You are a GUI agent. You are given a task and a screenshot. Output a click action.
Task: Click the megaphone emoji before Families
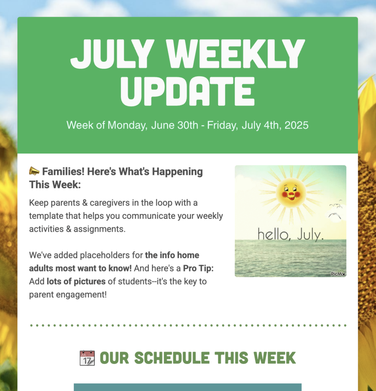pyautogui.click(x=34, y=171)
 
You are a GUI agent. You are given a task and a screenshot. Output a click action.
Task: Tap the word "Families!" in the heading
pyautogui.click(x=63, y=172)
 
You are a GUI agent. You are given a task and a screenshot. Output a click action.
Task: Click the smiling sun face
pyautogui.click(x=291, y=191)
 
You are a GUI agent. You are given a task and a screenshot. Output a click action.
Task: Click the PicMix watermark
pyautogui.click(x=338, y=274)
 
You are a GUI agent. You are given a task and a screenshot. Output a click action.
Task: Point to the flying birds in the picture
pyautogui.click(x=335, y=210)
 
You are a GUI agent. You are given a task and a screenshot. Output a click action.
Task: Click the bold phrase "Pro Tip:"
pyautogui.click(x=198, y=268)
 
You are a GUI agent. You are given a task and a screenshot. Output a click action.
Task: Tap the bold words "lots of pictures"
pyautogui.click(x=76, y=282)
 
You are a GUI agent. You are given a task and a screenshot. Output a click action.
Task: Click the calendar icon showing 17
pyautogui.click(x=87, y=358)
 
